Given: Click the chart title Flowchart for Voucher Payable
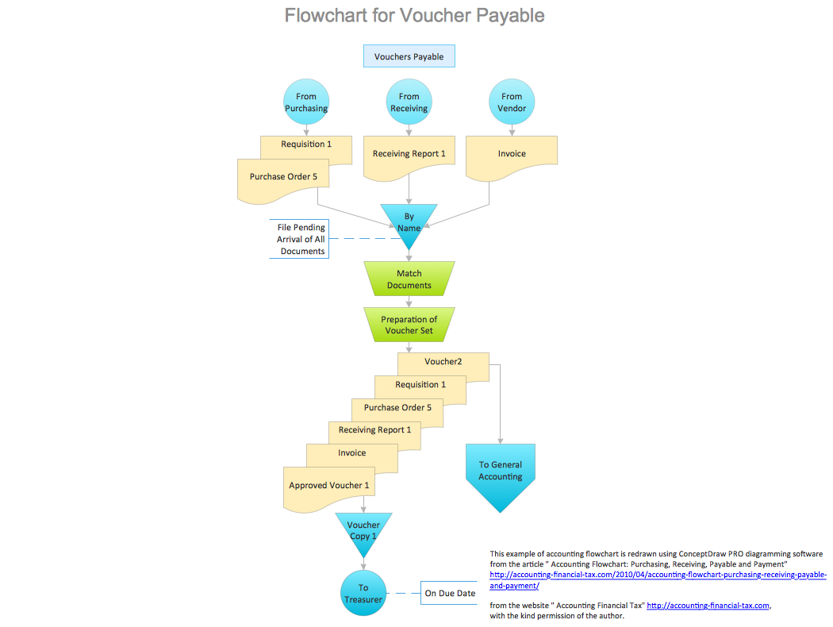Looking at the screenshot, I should [x=415, y=15].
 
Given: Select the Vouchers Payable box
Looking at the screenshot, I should [x=409, y=56].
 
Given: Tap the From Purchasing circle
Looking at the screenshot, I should [x=306, y=102].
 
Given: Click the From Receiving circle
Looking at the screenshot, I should [x=409, y=102].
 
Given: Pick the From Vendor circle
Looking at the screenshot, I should [x=512, y=102].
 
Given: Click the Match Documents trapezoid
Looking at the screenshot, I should [x=409, y=279].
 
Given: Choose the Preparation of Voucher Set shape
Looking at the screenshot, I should [x=409, y=325].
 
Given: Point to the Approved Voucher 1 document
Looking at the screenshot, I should [x=329, y=486].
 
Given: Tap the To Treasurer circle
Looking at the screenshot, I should [x=363, y=593].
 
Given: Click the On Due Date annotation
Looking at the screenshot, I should [x=450, y=593].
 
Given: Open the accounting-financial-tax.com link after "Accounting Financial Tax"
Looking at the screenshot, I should [x=708, y=605].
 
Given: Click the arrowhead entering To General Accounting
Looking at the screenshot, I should [x=501, y=440].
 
